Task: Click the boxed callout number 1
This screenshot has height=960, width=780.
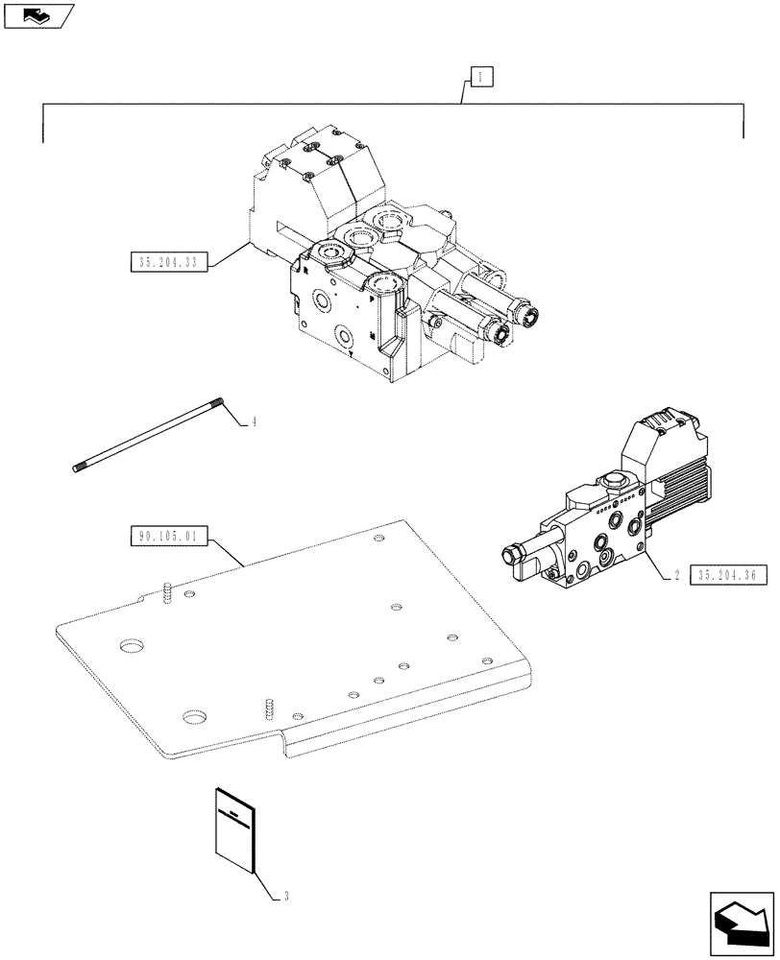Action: (479, 73)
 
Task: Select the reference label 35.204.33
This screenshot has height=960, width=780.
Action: (167, 261)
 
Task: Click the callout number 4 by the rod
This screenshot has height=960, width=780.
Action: (253, 420)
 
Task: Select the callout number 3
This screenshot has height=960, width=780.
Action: (286, 897)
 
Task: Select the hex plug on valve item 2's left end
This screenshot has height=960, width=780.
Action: (510, 554)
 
